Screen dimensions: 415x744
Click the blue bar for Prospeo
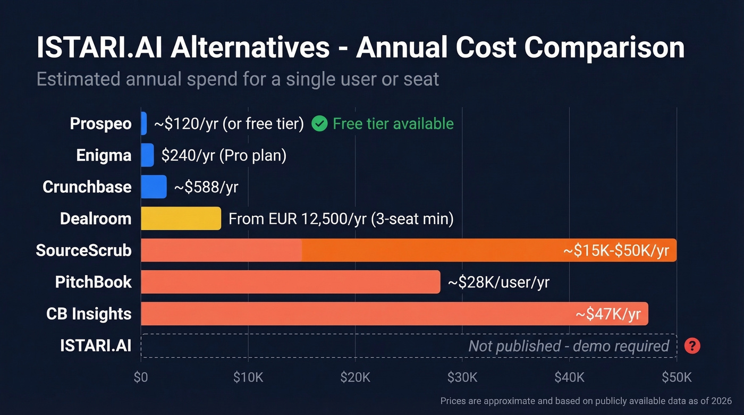143,123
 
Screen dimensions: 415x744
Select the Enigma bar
147,155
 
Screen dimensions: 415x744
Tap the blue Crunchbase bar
154,187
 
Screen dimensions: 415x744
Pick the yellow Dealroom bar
181,218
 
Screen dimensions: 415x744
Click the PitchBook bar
290,282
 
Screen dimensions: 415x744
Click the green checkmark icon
319,124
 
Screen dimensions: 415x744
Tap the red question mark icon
692,346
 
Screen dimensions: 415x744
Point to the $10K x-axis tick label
248,377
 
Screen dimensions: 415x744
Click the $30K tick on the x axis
462,377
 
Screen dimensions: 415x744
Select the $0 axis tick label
141,377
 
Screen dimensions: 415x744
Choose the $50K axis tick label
676,377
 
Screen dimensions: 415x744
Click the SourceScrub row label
83,250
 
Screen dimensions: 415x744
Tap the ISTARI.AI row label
96,346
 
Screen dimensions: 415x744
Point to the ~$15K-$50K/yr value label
616,250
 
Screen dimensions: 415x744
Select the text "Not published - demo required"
568,346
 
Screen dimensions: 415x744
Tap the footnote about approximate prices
586,401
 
